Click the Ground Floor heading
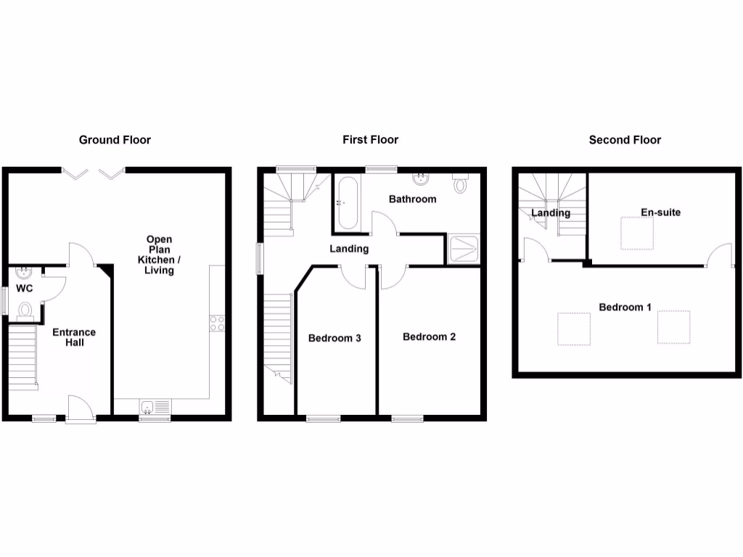pos(115,140)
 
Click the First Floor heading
pos(371,140)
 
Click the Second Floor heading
pos(625,140)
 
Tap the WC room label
pos(25,288)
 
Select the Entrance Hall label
pos(73,337)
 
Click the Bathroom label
pos(412,199)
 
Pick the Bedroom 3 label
pos(334,338)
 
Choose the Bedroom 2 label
pos(429,337)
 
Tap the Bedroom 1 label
pos(625,308)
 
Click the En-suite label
pos(660,213)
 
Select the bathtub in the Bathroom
pos(348,202)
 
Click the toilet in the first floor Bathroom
pos(460,183)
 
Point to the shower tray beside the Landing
pos(464,249)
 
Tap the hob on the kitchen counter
pos(217,323)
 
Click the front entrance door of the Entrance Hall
pos(79,408)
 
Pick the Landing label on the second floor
pos(551,213)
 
